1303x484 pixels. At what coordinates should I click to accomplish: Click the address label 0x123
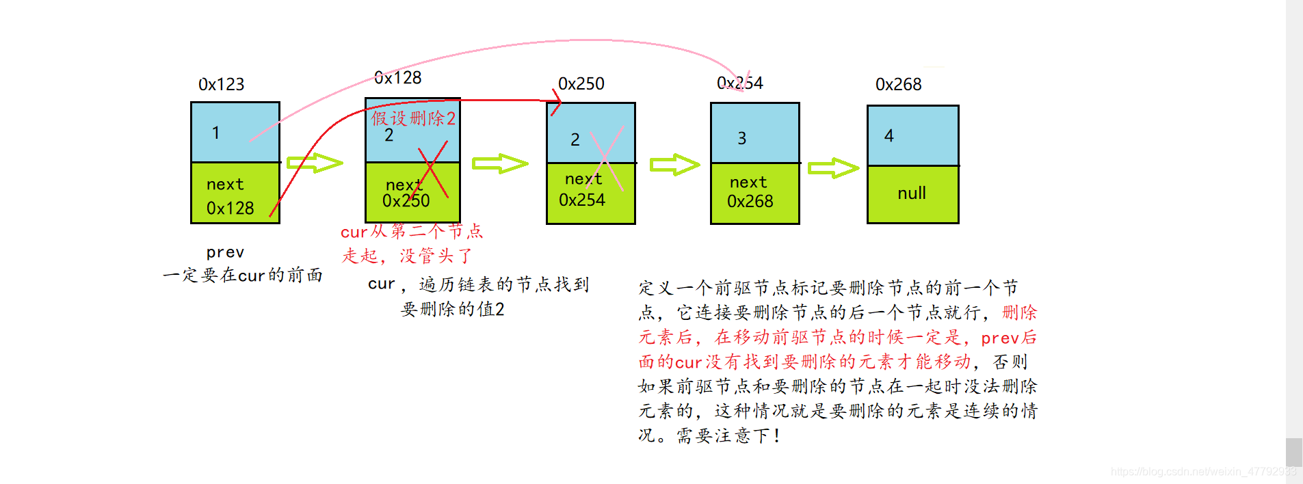point(221,84)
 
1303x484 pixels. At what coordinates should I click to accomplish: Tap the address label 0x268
point(898,84)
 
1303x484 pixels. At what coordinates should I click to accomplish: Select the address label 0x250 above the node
point(581,83)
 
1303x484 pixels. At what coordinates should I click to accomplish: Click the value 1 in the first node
point(215,133)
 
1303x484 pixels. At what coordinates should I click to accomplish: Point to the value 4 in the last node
point(889,136)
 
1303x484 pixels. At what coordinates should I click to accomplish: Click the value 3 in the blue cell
point(741,139)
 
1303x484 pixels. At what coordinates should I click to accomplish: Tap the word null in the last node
point(911,193)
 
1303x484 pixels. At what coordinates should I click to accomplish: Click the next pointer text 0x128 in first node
point(230,208)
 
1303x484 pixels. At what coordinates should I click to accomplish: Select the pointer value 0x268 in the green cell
point(750,202)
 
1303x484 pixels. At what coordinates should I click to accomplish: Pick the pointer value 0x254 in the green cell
point(581,200)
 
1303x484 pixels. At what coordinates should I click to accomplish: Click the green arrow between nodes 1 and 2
point(315,163)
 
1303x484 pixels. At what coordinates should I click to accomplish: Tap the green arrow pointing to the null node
point(833,168)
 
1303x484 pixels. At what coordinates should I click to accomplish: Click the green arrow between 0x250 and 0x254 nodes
point(674,165)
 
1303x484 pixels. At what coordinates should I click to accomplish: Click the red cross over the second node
point(432,169)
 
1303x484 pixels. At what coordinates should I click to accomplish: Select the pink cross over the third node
point(606,158)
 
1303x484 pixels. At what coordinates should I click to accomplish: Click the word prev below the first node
point(225,252)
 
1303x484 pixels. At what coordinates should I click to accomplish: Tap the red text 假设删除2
point(413,118)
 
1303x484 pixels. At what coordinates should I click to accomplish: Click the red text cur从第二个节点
point(411,232)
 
